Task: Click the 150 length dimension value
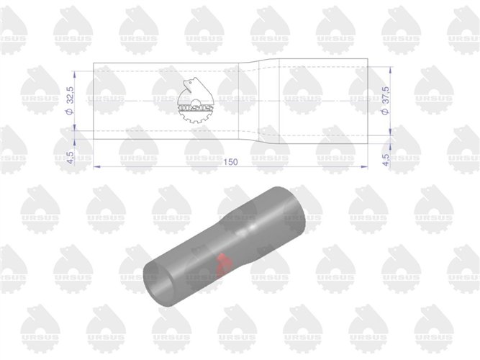[230, 162]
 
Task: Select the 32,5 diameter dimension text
[70, 96]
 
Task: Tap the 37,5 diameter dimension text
[386, 96]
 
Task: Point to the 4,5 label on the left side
[70, 158]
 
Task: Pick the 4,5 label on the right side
[386, 160]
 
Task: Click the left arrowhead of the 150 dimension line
[96, 166]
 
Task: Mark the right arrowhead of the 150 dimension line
[364, 166]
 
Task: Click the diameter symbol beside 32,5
[70, 112]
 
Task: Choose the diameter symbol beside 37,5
[386, 112]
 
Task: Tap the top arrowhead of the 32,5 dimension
[75, 74]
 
